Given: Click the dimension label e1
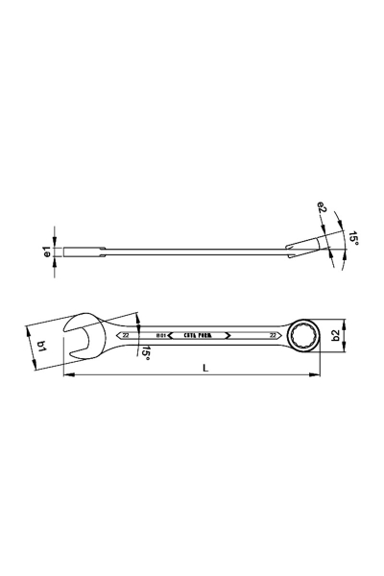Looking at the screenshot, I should pyautogui.click(x=46, y=253).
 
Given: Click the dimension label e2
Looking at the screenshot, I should pyautogui.click(x=323, y=205).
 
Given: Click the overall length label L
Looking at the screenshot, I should pyautogui.click(x=205, y=369).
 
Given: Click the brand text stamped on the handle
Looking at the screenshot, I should pyautogui.click(x=200, y=336).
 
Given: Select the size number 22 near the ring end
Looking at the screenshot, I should pyautogui.click(x=274, y=336).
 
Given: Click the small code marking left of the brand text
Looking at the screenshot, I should pyautogui.click(x=162, y=336).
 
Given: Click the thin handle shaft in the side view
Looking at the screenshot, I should pyautogui.click(x=192, y=253).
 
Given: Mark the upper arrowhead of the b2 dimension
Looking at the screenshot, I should pyautogui.click(x=344, y=322).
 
